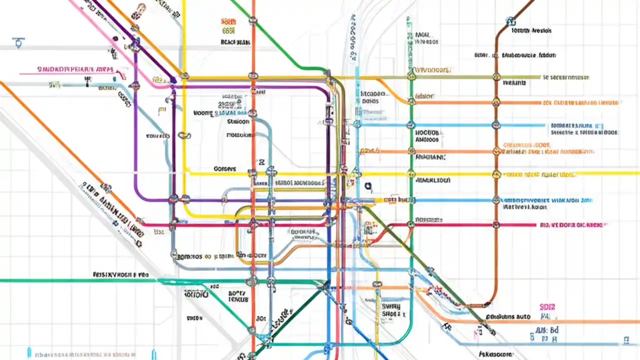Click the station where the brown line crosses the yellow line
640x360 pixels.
point(496,174)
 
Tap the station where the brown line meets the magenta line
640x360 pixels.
point(496,224)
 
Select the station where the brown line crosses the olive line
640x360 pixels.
point(496,77)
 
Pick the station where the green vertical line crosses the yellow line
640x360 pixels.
point(411,174)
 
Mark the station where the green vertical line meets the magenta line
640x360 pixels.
point(411,224)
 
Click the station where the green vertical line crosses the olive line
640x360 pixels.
point(411,77)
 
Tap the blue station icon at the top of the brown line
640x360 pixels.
point(510,21)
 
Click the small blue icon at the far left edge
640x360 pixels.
point(19,42)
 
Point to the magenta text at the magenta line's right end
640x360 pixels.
point(573,225)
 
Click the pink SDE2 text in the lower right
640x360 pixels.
point(547,306)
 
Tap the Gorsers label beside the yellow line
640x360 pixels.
point(224,169)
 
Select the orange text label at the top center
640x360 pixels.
point(228,21)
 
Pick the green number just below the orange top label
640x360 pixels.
point(228,31)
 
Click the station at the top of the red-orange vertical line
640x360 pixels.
point(253,21)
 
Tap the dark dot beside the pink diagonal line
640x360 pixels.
point(115,38)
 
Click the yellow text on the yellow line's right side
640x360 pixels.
point(539,175)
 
